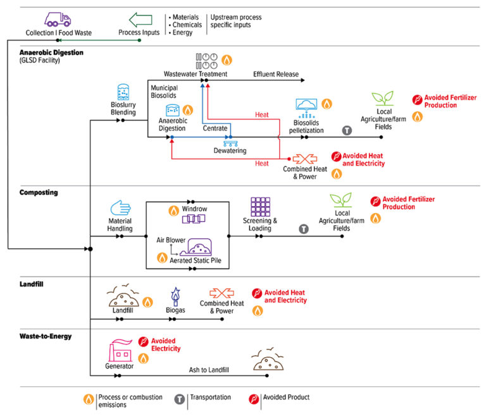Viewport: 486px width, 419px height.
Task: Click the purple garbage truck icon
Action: click(x=58, y=19)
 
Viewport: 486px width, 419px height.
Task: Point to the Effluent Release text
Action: click(x=275, y=74)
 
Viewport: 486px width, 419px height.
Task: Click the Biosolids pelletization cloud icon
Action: click(x=307, y=107)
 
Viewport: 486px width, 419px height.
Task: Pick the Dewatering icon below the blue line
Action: click(x=230, y=144)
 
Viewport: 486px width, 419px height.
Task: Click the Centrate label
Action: click(x=215, y=128)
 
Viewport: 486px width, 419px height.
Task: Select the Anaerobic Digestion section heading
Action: click(x=51, y=52)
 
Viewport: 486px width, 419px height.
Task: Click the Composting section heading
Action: click(x=39, y=191)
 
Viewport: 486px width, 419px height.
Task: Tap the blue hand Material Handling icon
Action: click(x=120, y=207)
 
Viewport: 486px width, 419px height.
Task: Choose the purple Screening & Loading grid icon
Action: click(x=260, y=207)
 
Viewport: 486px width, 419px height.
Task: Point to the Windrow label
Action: click(x=195, y=209)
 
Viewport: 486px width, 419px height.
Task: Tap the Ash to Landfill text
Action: click(x=210, y=370)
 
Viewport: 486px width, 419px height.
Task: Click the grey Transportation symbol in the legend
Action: click(x=179, y=398)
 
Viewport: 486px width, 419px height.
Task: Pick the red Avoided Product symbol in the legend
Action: click(x=253, y=398)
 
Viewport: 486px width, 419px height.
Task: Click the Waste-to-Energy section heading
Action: click(x=45, y=336)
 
